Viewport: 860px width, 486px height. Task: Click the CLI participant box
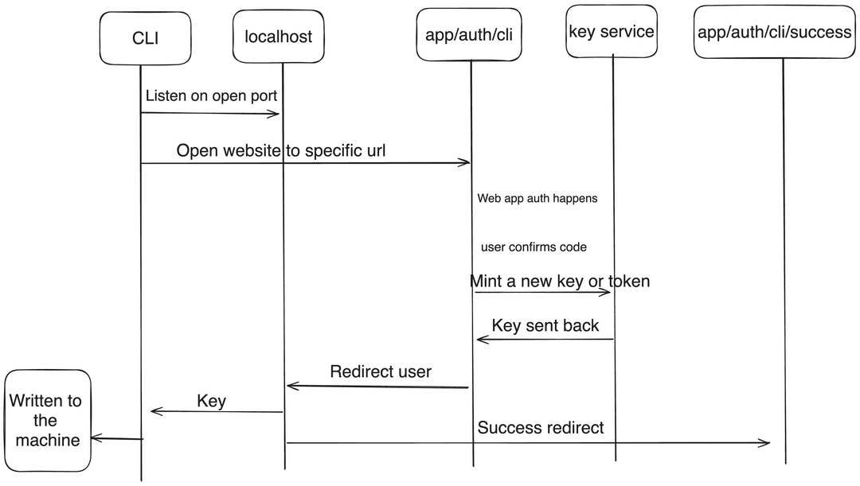(x=145, y=37)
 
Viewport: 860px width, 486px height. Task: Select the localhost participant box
(x=278, y=37)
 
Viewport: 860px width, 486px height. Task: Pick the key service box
(x=612, y=32)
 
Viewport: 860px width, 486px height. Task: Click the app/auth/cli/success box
(x=774, y=32)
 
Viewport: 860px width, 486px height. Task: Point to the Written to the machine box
(x=46, y=420)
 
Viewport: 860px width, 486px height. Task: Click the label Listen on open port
(x=211, y=95)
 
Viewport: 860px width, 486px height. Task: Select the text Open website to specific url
(x=280, y=150)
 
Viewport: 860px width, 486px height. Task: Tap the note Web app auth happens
(x=537, y=198)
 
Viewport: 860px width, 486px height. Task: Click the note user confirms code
(x=534, y=247)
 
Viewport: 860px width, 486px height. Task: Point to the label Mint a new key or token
(x=559, y=281)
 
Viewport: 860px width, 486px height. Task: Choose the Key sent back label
(x=545, y=325)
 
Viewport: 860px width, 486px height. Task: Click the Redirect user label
(x=381, y=371)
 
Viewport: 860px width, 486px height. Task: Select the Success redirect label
(x=540, y=428)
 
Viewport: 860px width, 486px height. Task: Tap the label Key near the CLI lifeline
(x=211, y=401)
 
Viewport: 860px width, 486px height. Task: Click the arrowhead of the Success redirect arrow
(x=767, y=443)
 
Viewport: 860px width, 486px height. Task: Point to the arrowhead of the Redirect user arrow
(x=291, y=387)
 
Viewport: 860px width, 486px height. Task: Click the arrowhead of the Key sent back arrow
(x=480, y=340)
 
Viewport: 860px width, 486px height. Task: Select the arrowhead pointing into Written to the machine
(x=96, y=437)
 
